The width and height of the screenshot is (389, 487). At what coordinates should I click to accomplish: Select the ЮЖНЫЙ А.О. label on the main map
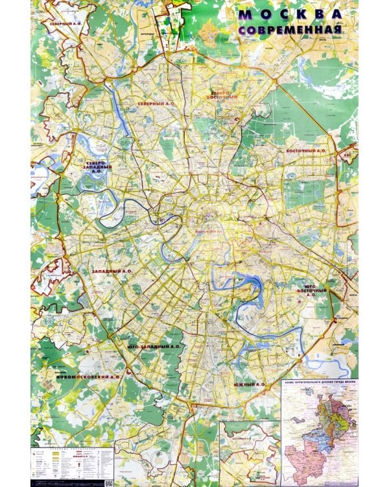249,384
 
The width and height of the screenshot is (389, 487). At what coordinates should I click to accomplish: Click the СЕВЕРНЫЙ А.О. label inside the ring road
156,103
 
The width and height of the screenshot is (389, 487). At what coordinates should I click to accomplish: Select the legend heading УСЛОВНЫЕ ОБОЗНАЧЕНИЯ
71,449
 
